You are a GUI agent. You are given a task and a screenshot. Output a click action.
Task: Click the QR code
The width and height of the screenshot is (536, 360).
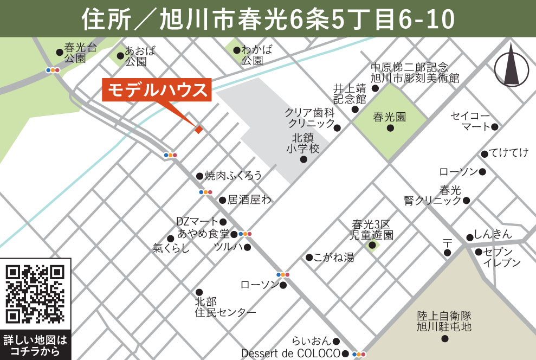click(x=35, y=293)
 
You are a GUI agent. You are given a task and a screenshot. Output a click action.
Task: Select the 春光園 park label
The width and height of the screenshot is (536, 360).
click(x=389, y=117)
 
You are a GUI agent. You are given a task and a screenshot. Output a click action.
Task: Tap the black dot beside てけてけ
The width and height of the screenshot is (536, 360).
click(x=485, y=153)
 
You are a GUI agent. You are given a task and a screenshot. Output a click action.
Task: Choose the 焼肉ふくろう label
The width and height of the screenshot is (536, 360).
click(x=234, y=175)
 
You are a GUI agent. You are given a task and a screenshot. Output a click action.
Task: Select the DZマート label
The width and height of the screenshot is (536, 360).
click(x=197, y=221)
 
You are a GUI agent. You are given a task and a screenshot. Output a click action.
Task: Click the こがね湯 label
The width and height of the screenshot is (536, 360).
click(x=334, y=258)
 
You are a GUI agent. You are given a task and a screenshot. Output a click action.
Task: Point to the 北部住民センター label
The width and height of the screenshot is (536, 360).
click(x=225, y=307)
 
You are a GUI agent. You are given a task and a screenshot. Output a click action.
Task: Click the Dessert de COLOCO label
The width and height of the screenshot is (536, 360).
click(x=290, y=353)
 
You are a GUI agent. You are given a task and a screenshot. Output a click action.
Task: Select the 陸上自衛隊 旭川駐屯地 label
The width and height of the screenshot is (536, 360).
click(x=444, y=321)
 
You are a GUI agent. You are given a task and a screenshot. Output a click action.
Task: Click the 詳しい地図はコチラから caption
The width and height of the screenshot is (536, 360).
click(x=35, y=346)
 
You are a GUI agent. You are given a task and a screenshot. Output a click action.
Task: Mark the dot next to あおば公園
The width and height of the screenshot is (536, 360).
click(x=120, y=55)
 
